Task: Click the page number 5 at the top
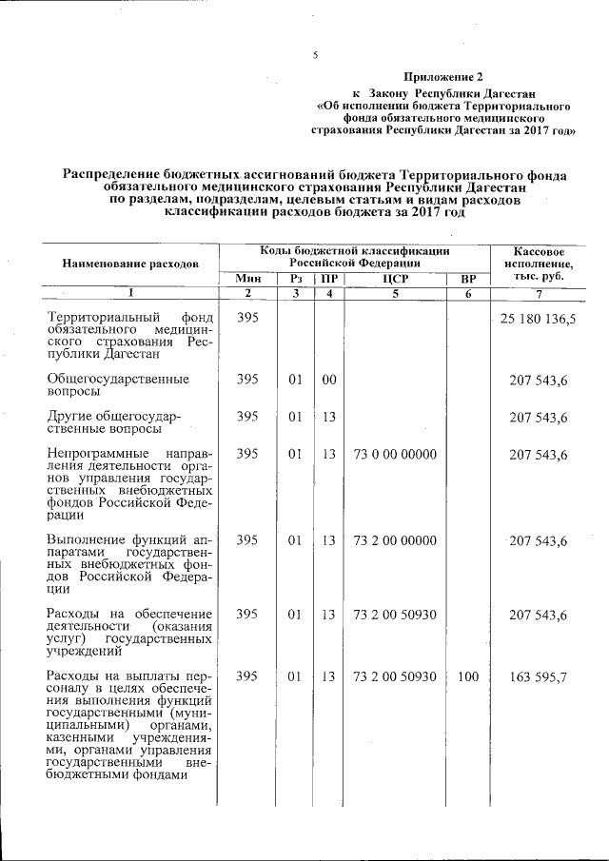pos(314,55)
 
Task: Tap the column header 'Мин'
pos(247,278)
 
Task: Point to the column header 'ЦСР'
pos(394,278)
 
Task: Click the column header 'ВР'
pos(467,278)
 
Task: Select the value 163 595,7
pos(539,676)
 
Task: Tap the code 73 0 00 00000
pos(394,455)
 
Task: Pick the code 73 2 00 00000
pos(394,540)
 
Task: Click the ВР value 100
pos(467,676)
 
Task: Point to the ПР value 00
pos(329,379)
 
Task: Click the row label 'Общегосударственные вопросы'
pos(118,385)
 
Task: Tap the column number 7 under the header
pos(539,293)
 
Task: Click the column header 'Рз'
pos(295,278)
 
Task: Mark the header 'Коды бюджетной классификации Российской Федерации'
pos(355,254)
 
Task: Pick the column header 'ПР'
pos(329,278)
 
